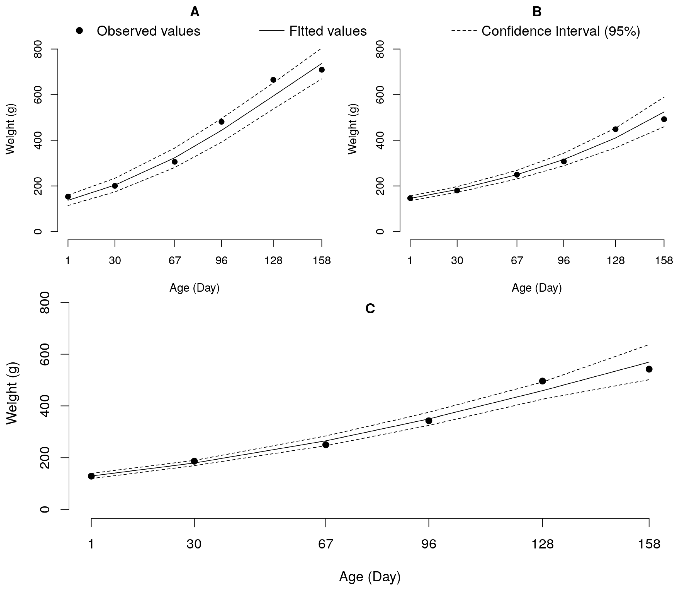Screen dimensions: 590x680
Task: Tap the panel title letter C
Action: [370, 308]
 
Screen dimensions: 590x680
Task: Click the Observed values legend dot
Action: [79, 31]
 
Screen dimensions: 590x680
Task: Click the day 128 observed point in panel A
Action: [273, 80]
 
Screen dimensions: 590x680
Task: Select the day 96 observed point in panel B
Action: [563, 161]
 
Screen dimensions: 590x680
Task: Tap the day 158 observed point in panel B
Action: [664, 119]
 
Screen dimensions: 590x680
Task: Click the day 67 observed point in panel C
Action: [326, 445]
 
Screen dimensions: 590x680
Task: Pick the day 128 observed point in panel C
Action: [543, 381]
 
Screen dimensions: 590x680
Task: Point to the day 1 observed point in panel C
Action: [91, 476]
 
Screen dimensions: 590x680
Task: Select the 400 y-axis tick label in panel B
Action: [380, 140]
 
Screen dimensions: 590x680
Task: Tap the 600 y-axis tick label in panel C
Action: [45, 354]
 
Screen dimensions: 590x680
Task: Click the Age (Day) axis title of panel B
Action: [536, 288]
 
